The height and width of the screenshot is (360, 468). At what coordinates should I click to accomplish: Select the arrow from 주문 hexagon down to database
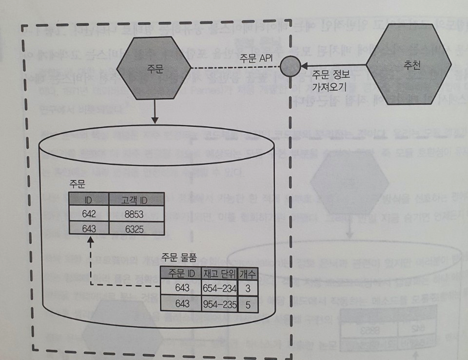point(154,112)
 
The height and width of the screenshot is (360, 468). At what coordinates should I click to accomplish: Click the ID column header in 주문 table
point(88,200)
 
